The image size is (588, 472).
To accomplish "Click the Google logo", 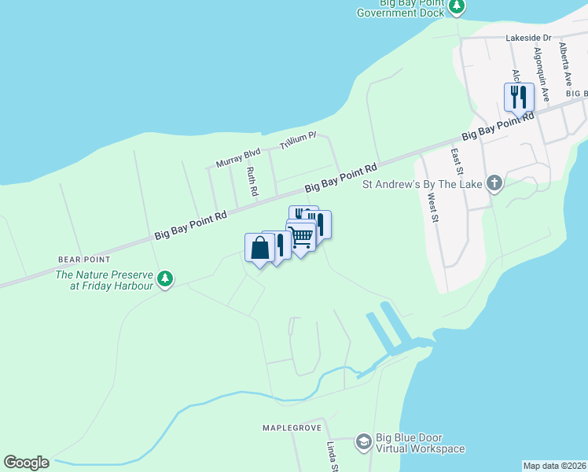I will click(x=26, y=463).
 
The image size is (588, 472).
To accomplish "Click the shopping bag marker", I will click(x=259, y=249).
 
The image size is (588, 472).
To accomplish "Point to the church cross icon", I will click(x=494, y=185).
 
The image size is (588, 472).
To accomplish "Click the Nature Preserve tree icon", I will click(x=164, y=278).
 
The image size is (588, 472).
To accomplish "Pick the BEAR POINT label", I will click(x=83, y=259).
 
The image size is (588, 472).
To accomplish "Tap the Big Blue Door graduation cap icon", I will click(x=362, y=442).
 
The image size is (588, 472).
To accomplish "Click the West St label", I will click(x=432, y=208).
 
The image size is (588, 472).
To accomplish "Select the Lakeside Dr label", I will click(x=528, y=37).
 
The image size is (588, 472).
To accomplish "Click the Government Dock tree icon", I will click(x=456, y=6).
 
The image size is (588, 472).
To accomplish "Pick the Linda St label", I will click(x=333, y=456).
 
